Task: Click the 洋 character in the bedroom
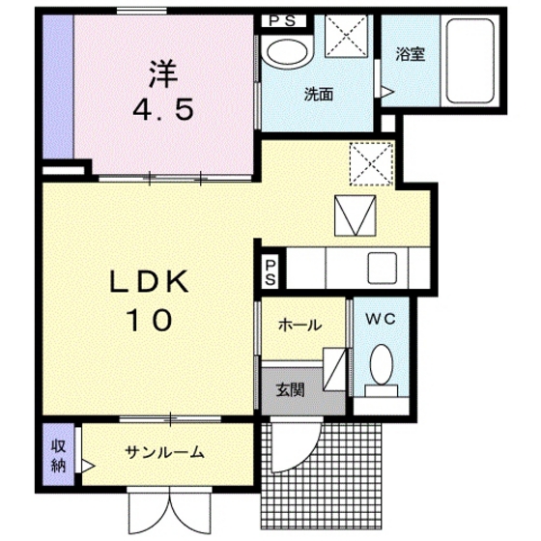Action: coord(161,72)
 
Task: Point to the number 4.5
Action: coord(162,107)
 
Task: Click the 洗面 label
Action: coord(318,95)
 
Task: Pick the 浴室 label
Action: coord(410,55)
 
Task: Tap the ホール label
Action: coord(299,326)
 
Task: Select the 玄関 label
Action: coord(290,391)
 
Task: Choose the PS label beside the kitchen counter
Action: coord(271,270)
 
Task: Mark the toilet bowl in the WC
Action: coord(382,366)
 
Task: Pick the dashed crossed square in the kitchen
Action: coord(371,162)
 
